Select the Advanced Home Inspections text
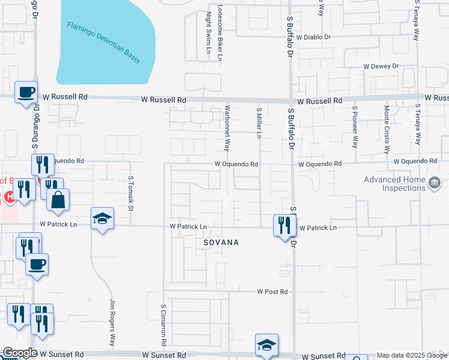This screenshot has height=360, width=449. (394, 184)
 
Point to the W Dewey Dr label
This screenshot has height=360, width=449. (381, 67)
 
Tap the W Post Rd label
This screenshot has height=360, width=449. (273, 292)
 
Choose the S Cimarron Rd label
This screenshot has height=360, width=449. (163, 324)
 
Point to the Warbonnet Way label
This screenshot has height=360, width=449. (227, 128)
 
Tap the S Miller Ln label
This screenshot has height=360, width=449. (259, 123)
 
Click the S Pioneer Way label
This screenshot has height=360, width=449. (355, 127)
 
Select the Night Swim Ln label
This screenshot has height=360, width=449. (209, 33)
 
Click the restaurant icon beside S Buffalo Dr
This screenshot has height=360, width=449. (283, 226)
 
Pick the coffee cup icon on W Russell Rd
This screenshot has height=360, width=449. (26, 92)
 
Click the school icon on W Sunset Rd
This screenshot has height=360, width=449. (267, 345)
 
